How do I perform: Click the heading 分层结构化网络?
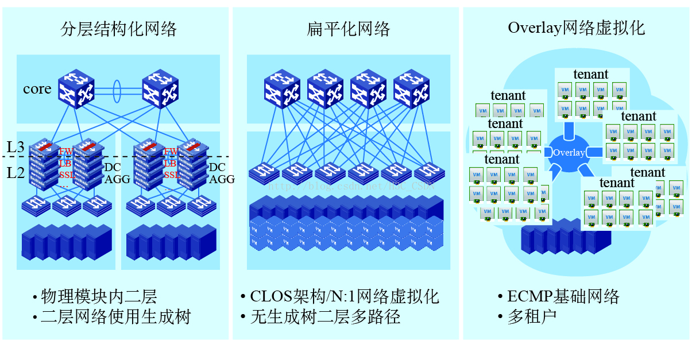(118, 29)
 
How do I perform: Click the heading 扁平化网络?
(349, 29)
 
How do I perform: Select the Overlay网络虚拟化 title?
(576, 28)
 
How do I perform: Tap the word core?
(37, 89)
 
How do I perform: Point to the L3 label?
(16, 147)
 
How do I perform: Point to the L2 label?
(16, 172)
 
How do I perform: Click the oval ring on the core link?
(118, 90)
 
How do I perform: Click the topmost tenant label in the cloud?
(590, 74)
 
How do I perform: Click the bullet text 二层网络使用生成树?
(115, 317)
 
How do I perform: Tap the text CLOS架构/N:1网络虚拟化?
(344, 297)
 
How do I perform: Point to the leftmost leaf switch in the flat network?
(264, 171)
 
